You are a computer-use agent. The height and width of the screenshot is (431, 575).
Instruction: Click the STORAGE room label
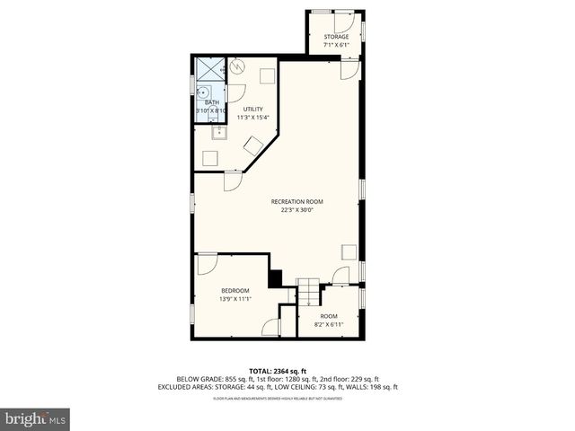tap(336, 37)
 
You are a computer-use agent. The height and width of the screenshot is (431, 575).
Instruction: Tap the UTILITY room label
tap(252, 110)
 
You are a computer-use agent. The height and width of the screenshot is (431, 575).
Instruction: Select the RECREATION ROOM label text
tap(296, 201)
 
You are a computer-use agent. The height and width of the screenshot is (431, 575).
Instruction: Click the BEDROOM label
tap(235, 290)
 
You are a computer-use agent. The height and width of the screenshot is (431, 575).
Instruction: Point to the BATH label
tap(211, 103)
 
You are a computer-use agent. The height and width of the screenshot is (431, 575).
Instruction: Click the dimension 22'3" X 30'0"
tap(296, 210)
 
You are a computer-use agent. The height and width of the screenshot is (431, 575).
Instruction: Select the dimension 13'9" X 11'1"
tap(235, 299)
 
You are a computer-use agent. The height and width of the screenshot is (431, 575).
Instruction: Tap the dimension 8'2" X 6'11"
tap(329, 324)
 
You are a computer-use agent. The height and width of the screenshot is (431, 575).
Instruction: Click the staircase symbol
tap(308, 292)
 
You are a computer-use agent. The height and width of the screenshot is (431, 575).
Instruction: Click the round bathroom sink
tap(203, 91)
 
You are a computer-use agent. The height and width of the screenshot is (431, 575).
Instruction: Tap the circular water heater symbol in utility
tap(238, 66)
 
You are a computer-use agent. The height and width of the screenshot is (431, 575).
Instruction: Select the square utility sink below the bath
tap(218, 133)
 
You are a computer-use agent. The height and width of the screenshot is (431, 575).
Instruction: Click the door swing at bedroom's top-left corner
tap(207, 264)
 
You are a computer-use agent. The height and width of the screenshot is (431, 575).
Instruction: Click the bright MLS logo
tap(36, 418)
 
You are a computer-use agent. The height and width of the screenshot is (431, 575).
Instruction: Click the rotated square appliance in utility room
tap(253, 145)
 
